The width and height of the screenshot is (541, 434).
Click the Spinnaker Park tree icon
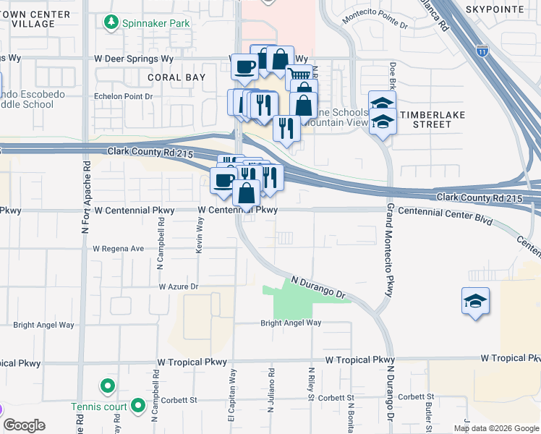click(111, 23)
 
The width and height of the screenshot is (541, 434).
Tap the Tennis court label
click(99, 406)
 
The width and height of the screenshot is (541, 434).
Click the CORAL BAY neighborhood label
click(176, 77)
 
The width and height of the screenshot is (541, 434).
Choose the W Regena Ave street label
click(118, 248)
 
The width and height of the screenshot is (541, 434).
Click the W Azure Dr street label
click(179, 286)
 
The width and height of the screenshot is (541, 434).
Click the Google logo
click(25, 425)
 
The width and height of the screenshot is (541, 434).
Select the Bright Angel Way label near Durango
click(291, 323)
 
